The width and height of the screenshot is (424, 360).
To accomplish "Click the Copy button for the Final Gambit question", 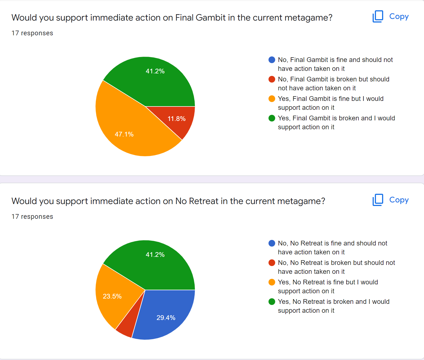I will pos(390,17).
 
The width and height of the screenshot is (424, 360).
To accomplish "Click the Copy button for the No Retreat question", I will pos(390,200).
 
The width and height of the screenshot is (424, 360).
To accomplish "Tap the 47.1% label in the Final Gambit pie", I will pos(124,134).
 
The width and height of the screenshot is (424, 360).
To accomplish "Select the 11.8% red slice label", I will pos(177,119).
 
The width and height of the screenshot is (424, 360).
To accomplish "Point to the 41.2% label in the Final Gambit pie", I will pos(155,71).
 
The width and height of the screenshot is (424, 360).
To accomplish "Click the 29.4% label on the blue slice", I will pos(166,318).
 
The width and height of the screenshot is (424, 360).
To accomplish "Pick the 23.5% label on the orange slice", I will pos(112,296).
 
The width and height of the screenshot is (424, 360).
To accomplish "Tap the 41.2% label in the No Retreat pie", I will pos(155,255).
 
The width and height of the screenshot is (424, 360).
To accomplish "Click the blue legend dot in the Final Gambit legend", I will pos(272,60).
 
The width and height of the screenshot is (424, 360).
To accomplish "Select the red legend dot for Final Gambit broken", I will pos(272,79).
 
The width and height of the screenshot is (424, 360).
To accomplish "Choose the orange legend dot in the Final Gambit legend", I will pos(272,99).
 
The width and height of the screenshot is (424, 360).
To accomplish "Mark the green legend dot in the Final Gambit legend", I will pos(272,118).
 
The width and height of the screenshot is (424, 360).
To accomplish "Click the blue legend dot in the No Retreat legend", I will pos(272,243).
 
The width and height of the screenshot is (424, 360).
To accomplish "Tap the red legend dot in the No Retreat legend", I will pos(272,263).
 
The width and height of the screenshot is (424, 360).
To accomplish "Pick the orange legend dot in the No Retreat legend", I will pos(272,282).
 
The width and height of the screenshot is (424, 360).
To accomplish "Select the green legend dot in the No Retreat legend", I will pos(272,302).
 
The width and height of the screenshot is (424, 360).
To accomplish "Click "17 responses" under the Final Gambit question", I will pos(32,33).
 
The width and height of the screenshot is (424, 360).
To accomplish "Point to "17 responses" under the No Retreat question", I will pos(32,217).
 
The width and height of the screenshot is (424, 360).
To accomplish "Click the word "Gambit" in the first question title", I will pos(210,18).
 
